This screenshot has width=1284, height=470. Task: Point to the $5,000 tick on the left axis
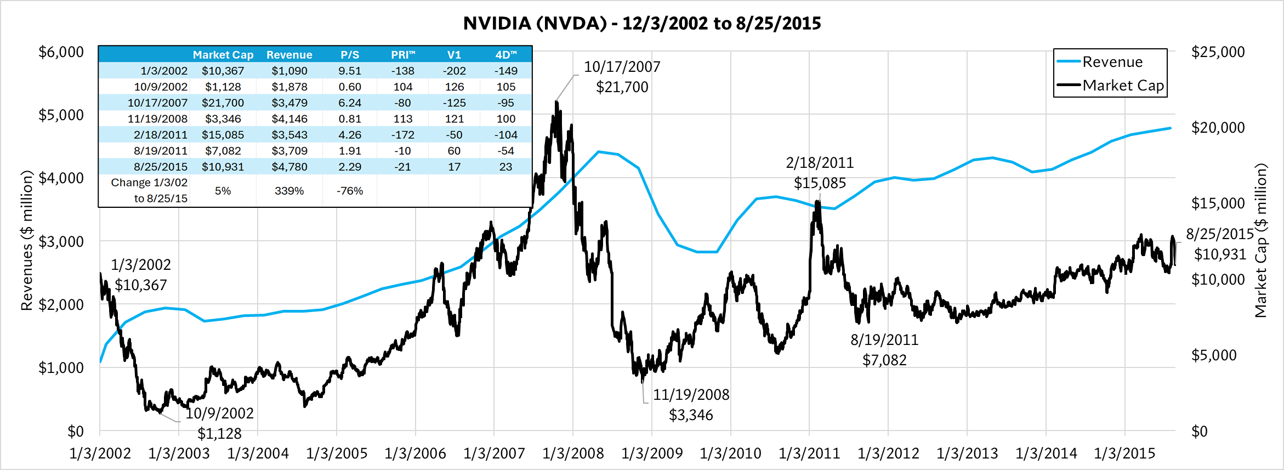click(61, 115)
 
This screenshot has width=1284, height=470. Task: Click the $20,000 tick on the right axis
click(1218, 128)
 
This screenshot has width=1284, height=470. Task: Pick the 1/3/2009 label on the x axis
click(652, 454)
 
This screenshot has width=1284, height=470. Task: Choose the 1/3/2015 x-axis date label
click(1124, 454)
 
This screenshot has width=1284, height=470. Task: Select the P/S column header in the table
click(350, 55)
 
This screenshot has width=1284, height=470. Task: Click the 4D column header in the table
click(505, 55)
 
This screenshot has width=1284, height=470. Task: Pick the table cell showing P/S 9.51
click(350, 71)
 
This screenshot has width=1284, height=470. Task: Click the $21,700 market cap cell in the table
click(223, 103)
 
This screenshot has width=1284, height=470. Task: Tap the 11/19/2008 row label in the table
click(157, 118)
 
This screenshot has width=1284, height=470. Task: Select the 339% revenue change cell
click(289, 191)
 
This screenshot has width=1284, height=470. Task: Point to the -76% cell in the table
click(350, 191)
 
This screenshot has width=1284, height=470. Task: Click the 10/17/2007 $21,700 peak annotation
click(622, 77)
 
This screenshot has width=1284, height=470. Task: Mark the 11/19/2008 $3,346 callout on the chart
click(691, 405)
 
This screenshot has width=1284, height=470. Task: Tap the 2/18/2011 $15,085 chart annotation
click(820, 173)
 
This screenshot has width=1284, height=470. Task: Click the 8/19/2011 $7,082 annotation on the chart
click(884, 350)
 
